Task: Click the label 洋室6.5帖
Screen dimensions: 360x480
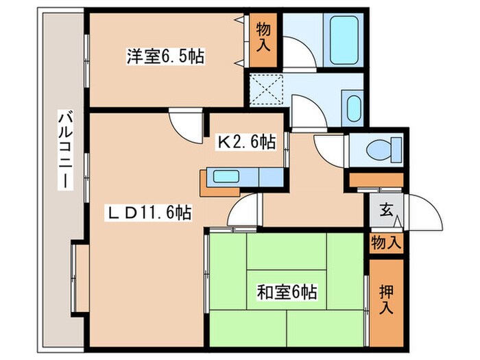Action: (x=167, y=56)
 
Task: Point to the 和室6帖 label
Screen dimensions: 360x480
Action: (x=286, y=293)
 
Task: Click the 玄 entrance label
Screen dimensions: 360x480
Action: (x=386, y=211)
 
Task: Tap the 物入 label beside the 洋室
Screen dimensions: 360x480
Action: (x=264, y=37)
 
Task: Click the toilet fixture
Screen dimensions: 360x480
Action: (x=379, y=149)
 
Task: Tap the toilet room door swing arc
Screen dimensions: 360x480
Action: (x=328, y=147)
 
